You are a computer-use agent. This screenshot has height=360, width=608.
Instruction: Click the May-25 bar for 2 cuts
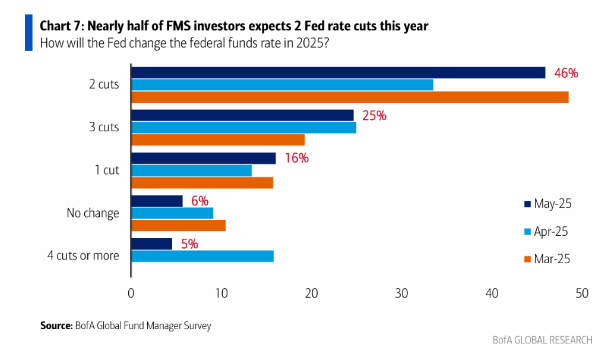click(x=338, y=72)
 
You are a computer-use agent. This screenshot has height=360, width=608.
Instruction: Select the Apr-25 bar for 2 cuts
click(x=282, y=85)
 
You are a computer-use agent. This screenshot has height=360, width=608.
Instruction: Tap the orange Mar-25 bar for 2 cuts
click(x=350, y=97)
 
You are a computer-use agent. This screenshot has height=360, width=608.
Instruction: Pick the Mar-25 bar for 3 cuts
click(x=218, y=140)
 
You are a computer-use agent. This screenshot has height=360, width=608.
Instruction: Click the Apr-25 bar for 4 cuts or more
click(x=202, y=256)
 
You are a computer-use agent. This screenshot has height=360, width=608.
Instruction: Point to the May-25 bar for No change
click(x=157, y=201)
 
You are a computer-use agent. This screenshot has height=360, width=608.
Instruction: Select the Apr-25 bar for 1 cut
click(x=191, y=170)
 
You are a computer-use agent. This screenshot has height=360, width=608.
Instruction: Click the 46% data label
click(x=566, y=73)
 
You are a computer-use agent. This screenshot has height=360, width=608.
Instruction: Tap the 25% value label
click(x=374, y=116)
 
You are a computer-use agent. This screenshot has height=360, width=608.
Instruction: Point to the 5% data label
click(x=189, y=244)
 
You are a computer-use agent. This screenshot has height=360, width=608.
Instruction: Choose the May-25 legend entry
click(x=547, y=204)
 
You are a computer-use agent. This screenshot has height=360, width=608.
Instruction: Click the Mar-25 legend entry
click(x=547, y=258)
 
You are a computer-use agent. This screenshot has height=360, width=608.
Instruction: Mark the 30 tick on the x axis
click(x=401, y=293)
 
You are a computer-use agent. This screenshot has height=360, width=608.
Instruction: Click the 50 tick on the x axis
click(x=582, y=293)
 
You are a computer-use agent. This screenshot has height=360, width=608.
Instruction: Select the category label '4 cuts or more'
click(x=83, y=256)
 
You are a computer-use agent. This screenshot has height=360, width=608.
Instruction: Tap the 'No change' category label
click(x=93, y=213)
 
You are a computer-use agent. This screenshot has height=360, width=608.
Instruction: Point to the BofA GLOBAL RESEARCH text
click(x=542, y=340)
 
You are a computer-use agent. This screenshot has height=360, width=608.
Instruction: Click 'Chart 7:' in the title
click(x=64, y=27)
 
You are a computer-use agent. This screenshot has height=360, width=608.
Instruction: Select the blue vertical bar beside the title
click(x=28, y=33)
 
